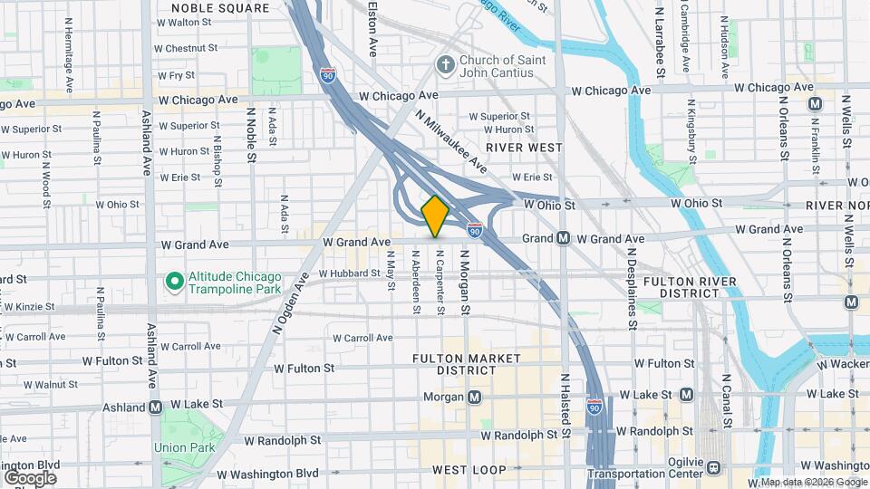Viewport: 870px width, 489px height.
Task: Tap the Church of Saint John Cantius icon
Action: point(444,64)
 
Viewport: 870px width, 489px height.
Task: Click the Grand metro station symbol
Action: point(563,238)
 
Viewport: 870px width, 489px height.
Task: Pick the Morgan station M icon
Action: point(475,397)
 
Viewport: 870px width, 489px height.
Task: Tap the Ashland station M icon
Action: point(155,407)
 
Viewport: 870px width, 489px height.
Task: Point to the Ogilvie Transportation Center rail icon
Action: point(714,467)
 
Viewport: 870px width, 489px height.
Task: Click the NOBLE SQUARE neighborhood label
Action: point(220,8)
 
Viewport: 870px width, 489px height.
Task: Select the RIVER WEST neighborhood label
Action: point(524,147)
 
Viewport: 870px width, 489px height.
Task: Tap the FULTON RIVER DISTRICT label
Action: point(694,287)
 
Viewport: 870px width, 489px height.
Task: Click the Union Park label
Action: point(183,447)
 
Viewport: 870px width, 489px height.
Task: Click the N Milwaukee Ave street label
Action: point(451,143)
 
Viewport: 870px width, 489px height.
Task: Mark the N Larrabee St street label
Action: point(661,41)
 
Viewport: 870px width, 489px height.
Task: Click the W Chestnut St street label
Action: point(186,48)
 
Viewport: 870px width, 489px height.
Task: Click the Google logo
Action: point(30,477)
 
